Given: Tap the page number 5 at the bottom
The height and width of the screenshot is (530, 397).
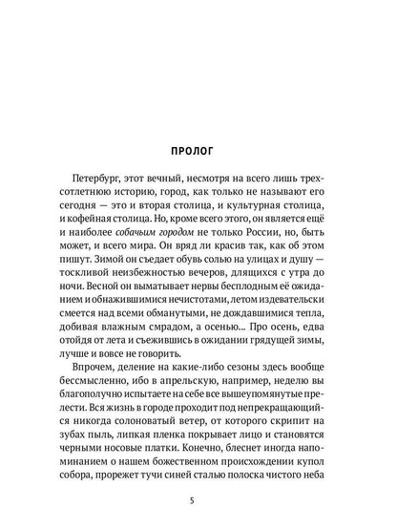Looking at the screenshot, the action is coord(198,497).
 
